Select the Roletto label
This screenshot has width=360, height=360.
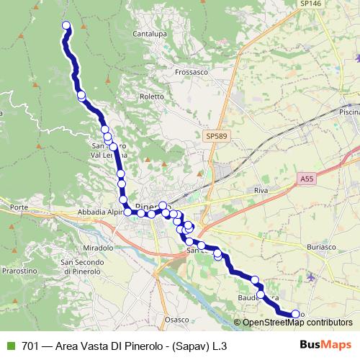pos(153,95)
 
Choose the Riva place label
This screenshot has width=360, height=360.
pos(261,190)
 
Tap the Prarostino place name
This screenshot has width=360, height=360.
pos(18,271)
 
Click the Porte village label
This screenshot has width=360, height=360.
pos(19,208)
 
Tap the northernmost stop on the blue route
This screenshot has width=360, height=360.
pos(66,26)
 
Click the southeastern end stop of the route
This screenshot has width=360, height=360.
pos(294,314)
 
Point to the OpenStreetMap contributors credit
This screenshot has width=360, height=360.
pos(297,323)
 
